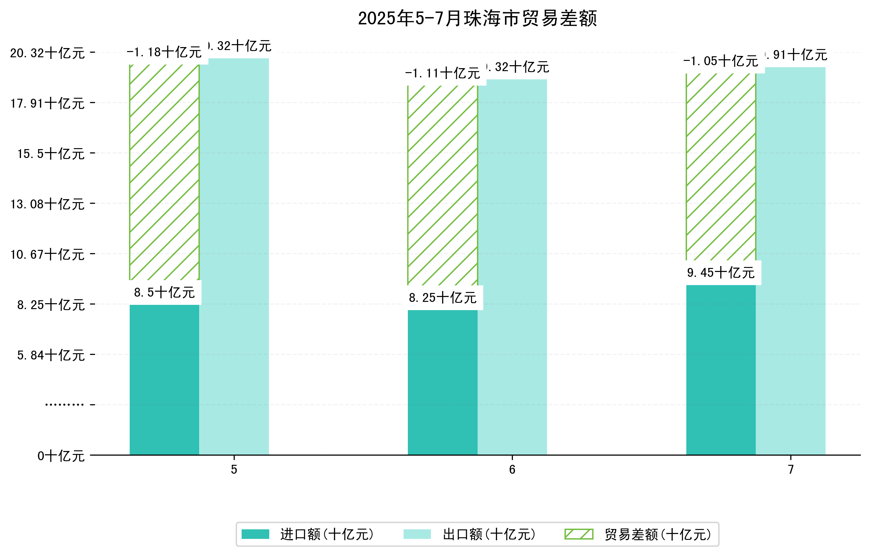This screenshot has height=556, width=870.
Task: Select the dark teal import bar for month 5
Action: (164, 379)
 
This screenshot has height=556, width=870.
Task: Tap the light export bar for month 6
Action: (512, 267)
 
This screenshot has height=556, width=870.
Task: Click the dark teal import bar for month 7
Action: (721, 370)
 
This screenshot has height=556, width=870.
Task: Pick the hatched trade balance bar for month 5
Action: (164, 172)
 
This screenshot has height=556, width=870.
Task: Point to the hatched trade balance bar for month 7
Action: (721, 167)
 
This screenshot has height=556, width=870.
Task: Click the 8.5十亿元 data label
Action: (164, 292)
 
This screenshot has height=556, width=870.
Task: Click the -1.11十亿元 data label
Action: (443, 73)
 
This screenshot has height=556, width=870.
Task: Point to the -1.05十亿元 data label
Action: (721, 61)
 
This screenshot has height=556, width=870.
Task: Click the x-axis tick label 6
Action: (512, 470)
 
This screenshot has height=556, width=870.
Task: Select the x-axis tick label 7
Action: (791, 470)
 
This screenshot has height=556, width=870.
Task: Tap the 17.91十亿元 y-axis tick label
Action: (47, 104)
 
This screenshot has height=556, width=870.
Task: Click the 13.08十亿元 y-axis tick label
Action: (47, 204)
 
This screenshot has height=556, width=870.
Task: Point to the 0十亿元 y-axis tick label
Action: (61, 456)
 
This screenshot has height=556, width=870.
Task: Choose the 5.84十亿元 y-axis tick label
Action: (51, 356)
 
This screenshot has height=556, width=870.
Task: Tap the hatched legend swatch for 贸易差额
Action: (579, 534)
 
